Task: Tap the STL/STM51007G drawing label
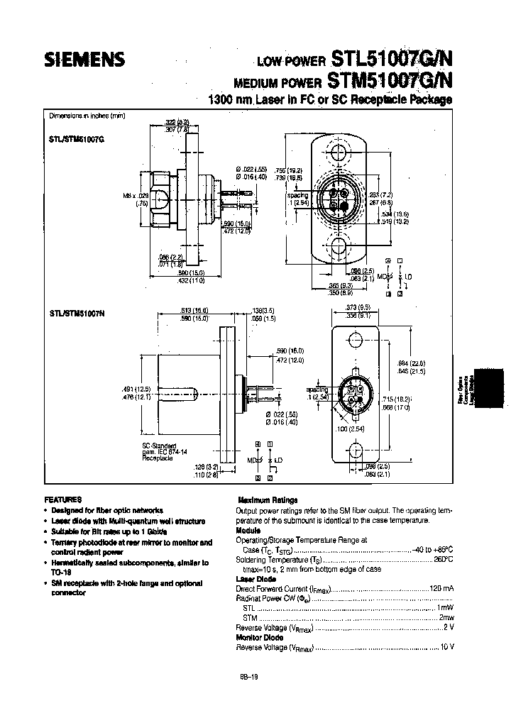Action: coord(77,141)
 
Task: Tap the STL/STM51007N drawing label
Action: coord(77,312)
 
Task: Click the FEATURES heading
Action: coord(63,499)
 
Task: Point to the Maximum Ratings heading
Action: coord(268,499)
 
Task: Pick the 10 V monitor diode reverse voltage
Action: coord(446,647)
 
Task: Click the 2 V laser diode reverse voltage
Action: coord(448,628)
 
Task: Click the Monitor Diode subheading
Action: coord(259,637)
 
